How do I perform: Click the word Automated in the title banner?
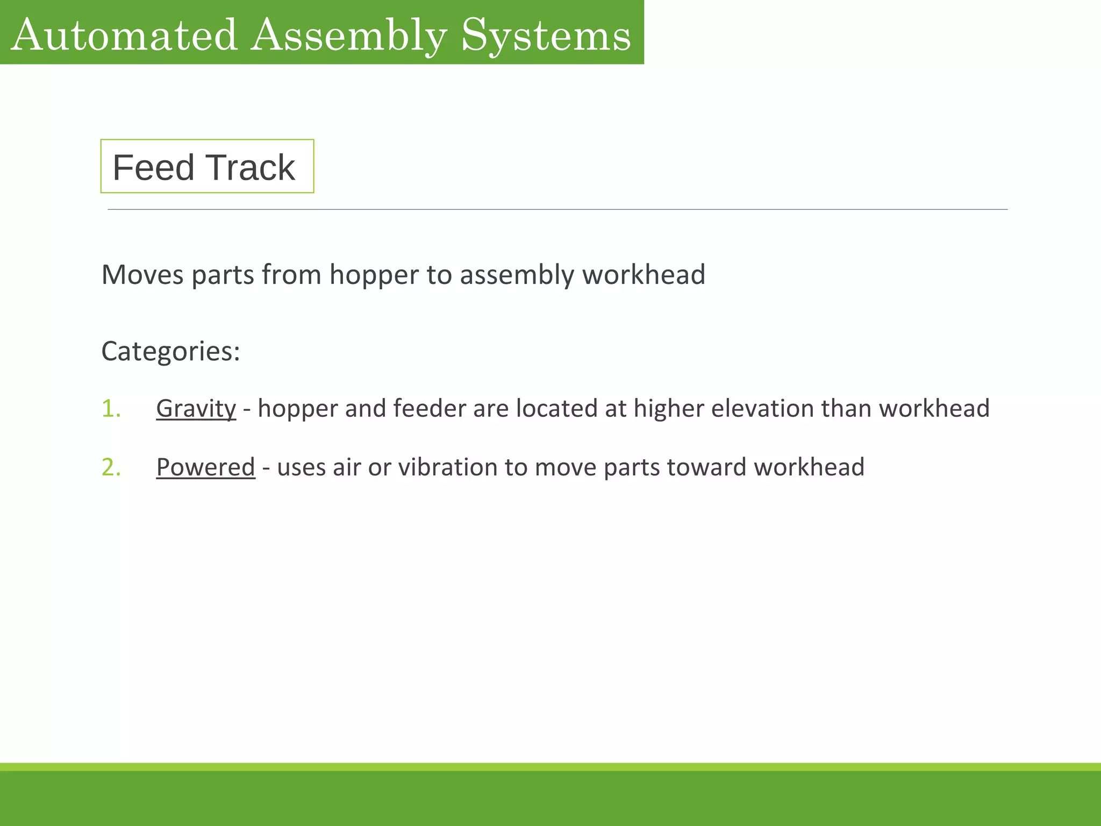coord(124,35)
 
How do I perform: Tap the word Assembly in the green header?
coord(349,36)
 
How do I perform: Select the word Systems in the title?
coord(546,36)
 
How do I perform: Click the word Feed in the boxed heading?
coord(153,167)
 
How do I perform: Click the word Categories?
coord(170,351)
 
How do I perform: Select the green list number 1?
coord(111,409)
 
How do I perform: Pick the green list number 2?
coord(111,467)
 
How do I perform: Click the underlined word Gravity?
coord(196,409)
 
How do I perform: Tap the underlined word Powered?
coord(205,467)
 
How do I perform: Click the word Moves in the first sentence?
coord(142,275)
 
